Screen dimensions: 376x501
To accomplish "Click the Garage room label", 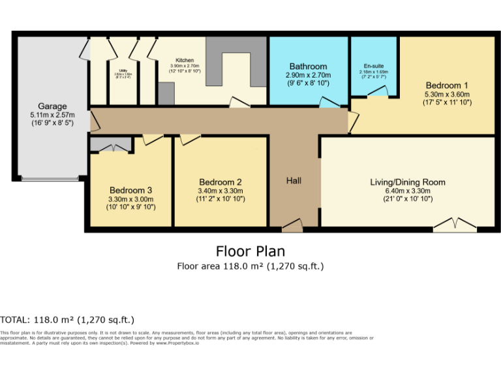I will pos(52,106).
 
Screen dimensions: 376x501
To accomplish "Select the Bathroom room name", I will pos(308,67).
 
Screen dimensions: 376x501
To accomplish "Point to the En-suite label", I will pos(374,66).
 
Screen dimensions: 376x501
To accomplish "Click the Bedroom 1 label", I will pos(447,85).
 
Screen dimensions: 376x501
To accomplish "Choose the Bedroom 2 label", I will pos(220,182).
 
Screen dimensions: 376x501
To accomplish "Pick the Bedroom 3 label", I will pos(130,191).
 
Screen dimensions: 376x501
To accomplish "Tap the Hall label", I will pos(294,180).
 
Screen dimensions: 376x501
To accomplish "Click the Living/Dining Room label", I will pos(407,182).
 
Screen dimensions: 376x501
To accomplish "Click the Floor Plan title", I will pos(250,251).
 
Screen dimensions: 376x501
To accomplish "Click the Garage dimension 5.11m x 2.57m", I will pos(52,115).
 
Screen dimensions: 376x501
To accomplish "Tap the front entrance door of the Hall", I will pos(292,226).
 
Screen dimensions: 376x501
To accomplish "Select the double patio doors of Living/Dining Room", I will pos(455,225).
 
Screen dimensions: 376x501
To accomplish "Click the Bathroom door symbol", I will pos(329,102).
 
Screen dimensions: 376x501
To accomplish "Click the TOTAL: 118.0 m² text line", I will pos(67,319).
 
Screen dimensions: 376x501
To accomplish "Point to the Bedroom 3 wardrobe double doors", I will pos(110,145).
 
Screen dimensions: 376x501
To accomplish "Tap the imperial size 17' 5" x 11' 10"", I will pos(447,102).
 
